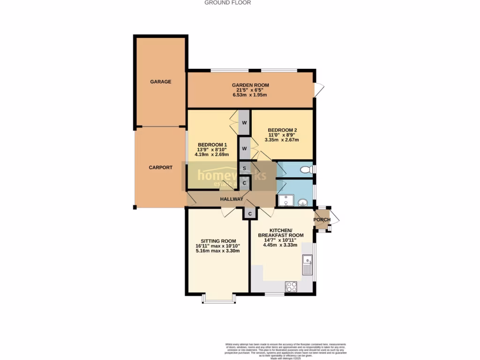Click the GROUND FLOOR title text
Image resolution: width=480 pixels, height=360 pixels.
click(227, 3)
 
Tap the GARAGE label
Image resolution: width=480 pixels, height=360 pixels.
click(161, 82)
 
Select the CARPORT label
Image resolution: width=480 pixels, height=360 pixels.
click(161, 167)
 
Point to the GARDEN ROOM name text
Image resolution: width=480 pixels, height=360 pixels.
click(250, 85)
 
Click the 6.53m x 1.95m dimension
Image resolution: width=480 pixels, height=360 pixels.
click(249, 95)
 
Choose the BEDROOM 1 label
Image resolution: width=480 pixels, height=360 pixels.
click(212, 144)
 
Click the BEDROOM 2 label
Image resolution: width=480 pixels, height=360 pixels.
click(282, 130)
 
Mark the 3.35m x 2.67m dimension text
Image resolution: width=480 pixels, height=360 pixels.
click(282, 140)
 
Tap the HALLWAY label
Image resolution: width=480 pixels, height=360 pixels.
click(232, 199)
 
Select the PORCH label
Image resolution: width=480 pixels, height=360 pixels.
click(322, 220)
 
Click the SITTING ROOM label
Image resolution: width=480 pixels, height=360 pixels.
click(216, 241)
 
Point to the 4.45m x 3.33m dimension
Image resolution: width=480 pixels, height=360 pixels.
click(280, 245)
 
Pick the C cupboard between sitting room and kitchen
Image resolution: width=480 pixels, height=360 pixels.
click(250, 214)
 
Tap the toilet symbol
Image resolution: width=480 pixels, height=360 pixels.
click(306, 169)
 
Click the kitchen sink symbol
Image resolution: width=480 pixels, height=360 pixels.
click(307, 265)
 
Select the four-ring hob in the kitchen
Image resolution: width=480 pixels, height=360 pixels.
click(291, 286)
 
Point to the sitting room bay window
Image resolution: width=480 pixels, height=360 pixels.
click(218, 298)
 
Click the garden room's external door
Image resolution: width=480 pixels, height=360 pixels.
click(319, 90)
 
